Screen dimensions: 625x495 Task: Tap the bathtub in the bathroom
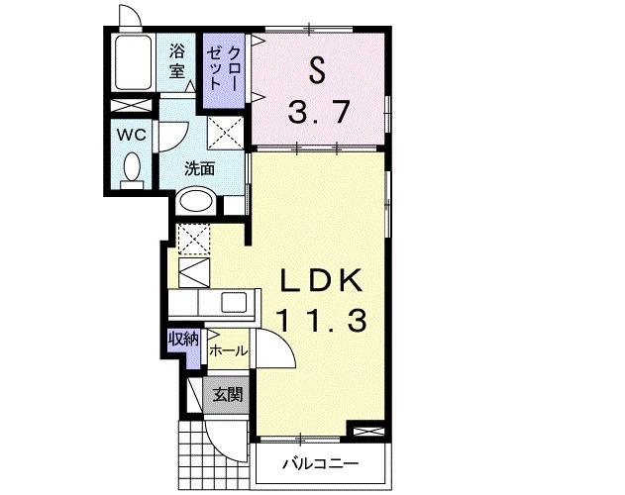tap(133, 62)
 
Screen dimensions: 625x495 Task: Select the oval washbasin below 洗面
tap(196, 201)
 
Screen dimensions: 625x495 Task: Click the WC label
tap(132, 135)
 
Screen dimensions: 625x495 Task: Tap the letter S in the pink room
tap(317, 69)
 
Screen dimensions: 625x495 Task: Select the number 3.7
tap(319, 112)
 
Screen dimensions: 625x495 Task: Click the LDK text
tap(322, 280)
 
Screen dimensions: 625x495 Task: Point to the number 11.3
tap(321, 321)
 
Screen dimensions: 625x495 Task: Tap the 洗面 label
tap(200, 169)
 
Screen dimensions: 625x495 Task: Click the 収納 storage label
tap(183, 340)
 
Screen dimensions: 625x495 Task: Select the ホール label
tap(229, 351)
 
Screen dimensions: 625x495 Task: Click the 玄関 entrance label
tap(227, 395)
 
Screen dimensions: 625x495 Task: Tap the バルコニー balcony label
tap(321, 464)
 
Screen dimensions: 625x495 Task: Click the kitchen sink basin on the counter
tap(234, 303)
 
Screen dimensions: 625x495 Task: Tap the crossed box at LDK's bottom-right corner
tap(365, 432)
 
